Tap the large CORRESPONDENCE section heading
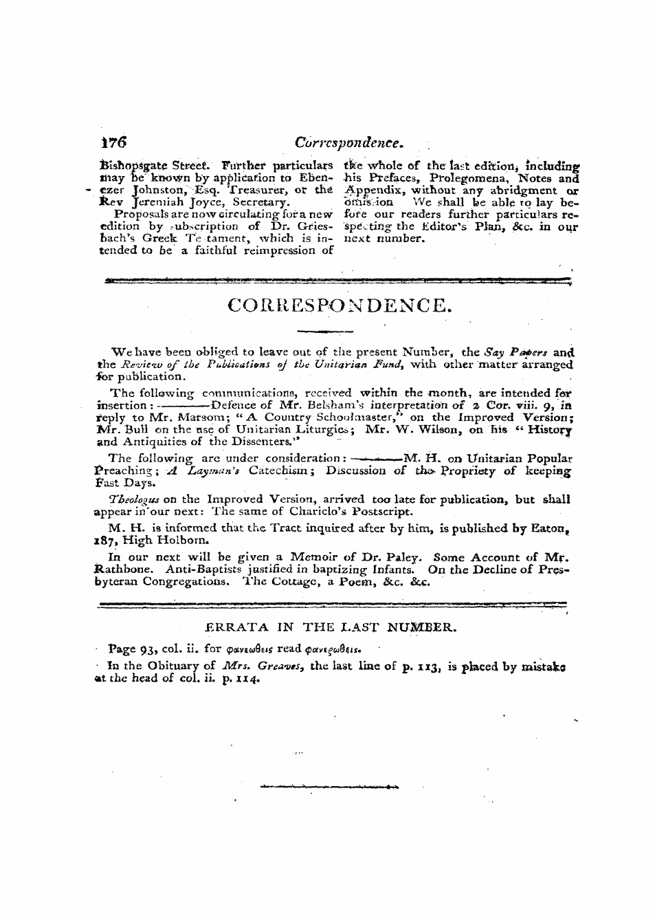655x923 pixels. coord(340,304)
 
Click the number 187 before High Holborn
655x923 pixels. coord(104,540)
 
